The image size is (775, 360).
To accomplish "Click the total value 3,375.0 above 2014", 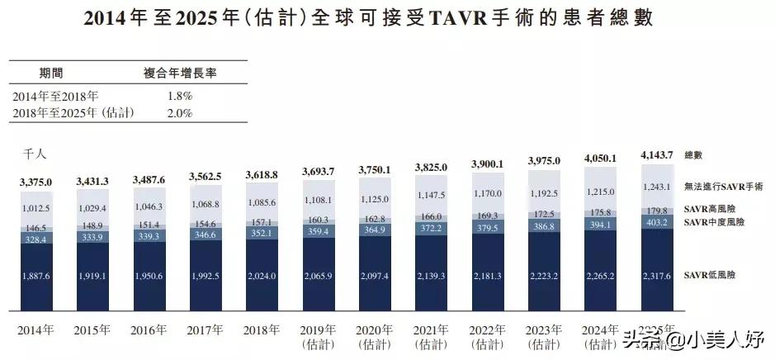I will coord(35,182).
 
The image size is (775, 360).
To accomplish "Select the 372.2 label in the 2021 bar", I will coord(429,227).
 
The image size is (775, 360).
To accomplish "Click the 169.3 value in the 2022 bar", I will coord(486,216).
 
